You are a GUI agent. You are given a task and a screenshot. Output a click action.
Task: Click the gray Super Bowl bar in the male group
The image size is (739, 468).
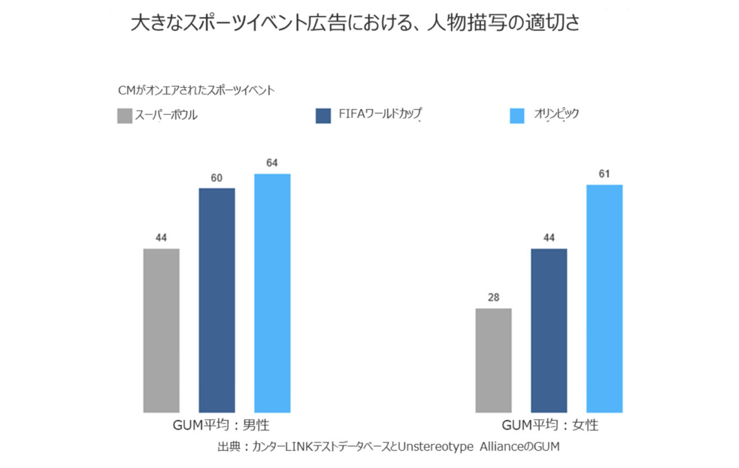[x=161, y=331]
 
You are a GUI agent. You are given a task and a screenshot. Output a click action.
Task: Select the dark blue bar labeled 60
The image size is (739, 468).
[x=217, y=301]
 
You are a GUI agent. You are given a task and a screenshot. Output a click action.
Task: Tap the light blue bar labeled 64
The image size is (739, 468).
[x=272, y=293]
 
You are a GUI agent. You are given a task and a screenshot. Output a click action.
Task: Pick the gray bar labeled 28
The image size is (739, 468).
[x=494, y=361]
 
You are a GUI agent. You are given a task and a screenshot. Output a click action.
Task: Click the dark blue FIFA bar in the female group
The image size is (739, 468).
[x=549, y=331]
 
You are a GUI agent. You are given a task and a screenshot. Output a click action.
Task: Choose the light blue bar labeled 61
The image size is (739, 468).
[x=604, y=299]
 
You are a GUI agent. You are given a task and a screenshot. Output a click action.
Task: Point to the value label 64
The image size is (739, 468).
[x=272, y=163]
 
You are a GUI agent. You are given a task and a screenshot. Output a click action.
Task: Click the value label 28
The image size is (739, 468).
[x=494, y=298]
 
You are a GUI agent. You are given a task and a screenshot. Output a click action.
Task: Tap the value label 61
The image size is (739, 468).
[x=604, y=174]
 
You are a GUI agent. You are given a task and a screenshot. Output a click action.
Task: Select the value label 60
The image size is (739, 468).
[x=217, y=178]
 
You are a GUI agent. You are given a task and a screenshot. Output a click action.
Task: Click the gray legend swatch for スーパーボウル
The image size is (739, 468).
[x=125, y=116]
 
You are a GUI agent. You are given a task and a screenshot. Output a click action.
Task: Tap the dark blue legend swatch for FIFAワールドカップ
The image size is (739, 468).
[x=323, y=116]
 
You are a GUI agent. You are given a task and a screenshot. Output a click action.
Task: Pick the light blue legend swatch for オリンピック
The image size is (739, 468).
[x=517, y=116]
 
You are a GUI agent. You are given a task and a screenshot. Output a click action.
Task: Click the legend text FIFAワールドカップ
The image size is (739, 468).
[x=380, y=114]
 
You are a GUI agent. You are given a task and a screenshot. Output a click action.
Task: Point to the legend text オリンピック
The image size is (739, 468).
[x=557, y=114]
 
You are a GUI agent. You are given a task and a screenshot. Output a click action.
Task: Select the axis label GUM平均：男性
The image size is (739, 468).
[x=221, y=425]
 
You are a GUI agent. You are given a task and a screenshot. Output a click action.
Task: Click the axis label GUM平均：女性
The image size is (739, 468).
[x=550, y=425]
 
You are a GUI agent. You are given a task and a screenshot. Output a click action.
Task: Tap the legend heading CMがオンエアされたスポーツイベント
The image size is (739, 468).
[x=196, y=91]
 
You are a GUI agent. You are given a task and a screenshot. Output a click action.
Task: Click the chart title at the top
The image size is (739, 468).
[x=355, y=23]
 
